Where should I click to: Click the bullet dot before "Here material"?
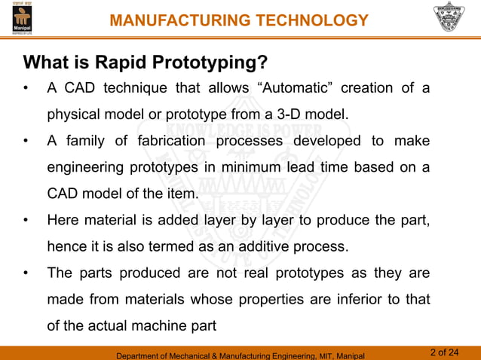click(26, 220)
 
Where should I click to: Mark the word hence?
click(65, 246)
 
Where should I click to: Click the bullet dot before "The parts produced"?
click(26, 273)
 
